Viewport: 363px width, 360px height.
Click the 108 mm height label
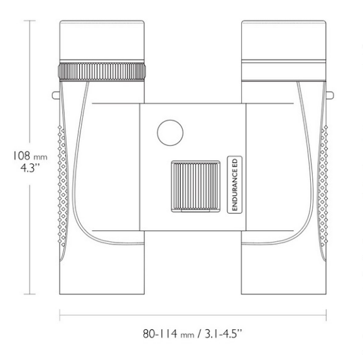[21, 156]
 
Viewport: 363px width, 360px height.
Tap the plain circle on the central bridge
[170, 133]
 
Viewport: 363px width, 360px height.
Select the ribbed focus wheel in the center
[195, 186]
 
